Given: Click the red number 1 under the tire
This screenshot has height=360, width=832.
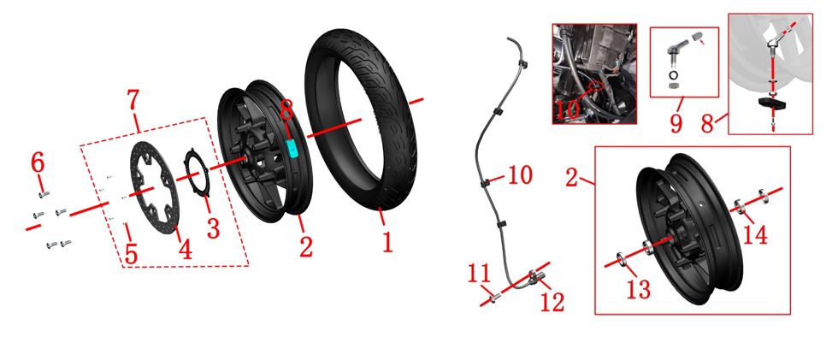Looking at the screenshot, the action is pyautogui.click(x=387, y=242).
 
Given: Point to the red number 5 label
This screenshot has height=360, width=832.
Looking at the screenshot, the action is pyautogui.click(x=131, y=254).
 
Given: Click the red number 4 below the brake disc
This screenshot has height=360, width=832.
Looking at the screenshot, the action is pyautogui.click(x=185, y=249).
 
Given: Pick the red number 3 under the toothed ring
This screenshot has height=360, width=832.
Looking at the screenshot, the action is pyautogui.click(x=213, y=228).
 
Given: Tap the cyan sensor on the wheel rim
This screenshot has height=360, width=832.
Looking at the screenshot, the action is pyautogui.click(x=292, y=149).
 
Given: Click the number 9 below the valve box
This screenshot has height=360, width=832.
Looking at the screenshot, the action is pyautogui.click(x=676, y=122).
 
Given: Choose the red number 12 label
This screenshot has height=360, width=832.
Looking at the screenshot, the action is pyautogui.click(x=552, y=302).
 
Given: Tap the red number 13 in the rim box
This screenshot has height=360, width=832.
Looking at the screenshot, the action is pyautogui.click(x=639, y=289).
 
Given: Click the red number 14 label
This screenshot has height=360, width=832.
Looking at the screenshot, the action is pyautogui.click(x=755, y=234).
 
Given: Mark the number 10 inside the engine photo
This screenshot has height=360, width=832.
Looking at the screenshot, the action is pyautogui.click(x=568, y=110).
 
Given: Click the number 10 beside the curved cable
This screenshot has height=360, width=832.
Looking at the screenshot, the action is pyautogui.click(x=520, y=175).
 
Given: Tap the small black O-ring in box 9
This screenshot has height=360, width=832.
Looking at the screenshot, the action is pyautogui.click(x=673, y=75).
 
